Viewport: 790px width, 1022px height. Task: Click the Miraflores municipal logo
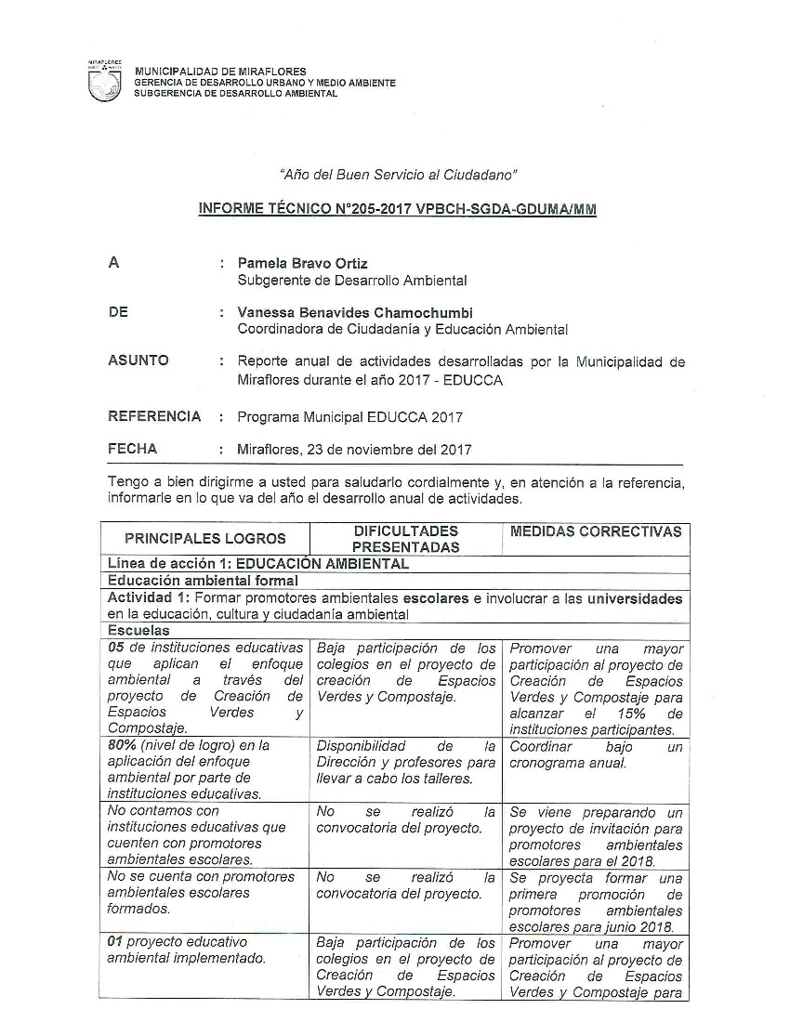pos(103,82)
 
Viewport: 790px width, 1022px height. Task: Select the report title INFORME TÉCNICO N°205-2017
pos(398,210)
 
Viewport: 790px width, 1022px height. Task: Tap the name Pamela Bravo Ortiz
pos(303,264)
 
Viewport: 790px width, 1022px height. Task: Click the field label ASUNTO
pos(138,360)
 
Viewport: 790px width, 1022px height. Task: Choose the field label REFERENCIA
pos(154,416)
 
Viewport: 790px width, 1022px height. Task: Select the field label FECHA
pos(133,449)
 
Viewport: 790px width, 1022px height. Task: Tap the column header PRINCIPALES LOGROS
pos(205,538)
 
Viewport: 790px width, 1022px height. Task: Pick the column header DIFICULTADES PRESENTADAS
pos(405,539)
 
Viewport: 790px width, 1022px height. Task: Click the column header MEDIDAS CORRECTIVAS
pos(596,531)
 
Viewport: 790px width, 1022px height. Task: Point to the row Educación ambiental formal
pos(190,581)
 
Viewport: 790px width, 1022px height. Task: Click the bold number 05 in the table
pos(116,649)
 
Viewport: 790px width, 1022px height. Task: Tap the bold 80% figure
pos(124,745)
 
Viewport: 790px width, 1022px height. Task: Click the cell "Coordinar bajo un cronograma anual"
pos(595,754)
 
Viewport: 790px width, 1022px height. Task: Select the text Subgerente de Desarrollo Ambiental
pos(352,281)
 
